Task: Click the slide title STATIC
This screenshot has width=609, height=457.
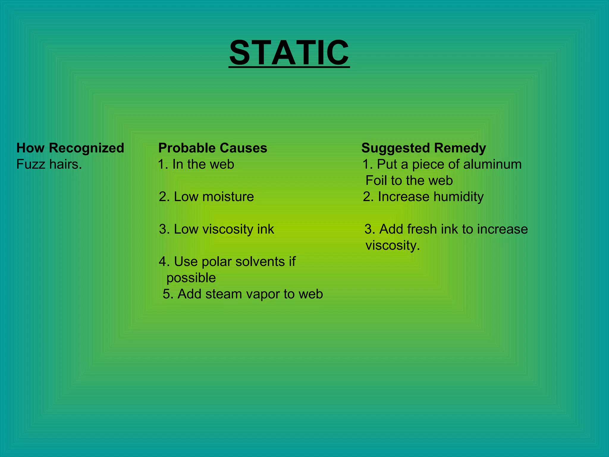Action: pos(289,53)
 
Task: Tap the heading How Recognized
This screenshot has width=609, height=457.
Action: pos(70,148)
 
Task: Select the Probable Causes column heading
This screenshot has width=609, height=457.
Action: pos(213,148)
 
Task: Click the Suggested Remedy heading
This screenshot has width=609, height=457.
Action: pos(423,148)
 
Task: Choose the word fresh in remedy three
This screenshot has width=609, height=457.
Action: pos(422,229)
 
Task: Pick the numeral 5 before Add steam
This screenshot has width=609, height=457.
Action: pos(166,294)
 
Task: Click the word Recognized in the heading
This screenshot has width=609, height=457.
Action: pos(87,148)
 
